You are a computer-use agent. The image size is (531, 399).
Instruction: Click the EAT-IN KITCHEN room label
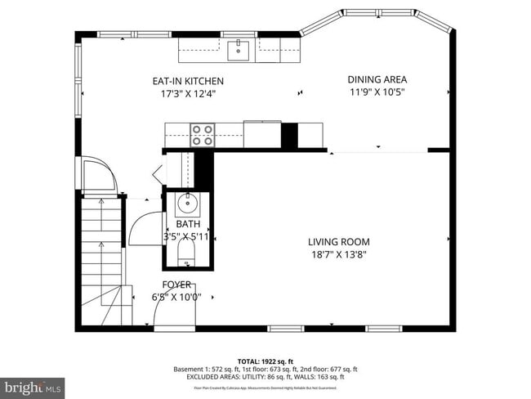click(x=188, y=81)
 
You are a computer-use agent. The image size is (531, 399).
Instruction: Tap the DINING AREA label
click(x=377, y=79)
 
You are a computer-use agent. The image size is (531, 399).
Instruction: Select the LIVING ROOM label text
click(x=338, y=242)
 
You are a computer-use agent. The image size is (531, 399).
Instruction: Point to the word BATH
click(x=188, y=224)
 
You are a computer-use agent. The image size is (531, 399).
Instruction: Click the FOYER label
click(x=176, y=285)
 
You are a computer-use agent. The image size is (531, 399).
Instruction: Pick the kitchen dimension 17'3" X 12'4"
click(x=188, y=93)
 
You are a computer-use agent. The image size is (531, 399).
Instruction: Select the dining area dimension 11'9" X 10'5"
click(x=377, y=92)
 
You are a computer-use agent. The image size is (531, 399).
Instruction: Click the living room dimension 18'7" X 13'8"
click(x=338, y=254)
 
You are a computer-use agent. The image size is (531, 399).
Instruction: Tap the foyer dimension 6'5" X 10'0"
click(x=176, y=297)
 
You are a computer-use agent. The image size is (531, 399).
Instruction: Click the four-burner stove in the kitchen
click(x=202, y=134)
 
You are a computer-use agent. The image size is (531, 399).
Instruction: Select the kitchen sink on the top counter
click(x=239, y=49)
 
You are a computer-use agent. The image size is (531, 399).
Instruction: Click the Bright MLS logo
click(x=33, y=384)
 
